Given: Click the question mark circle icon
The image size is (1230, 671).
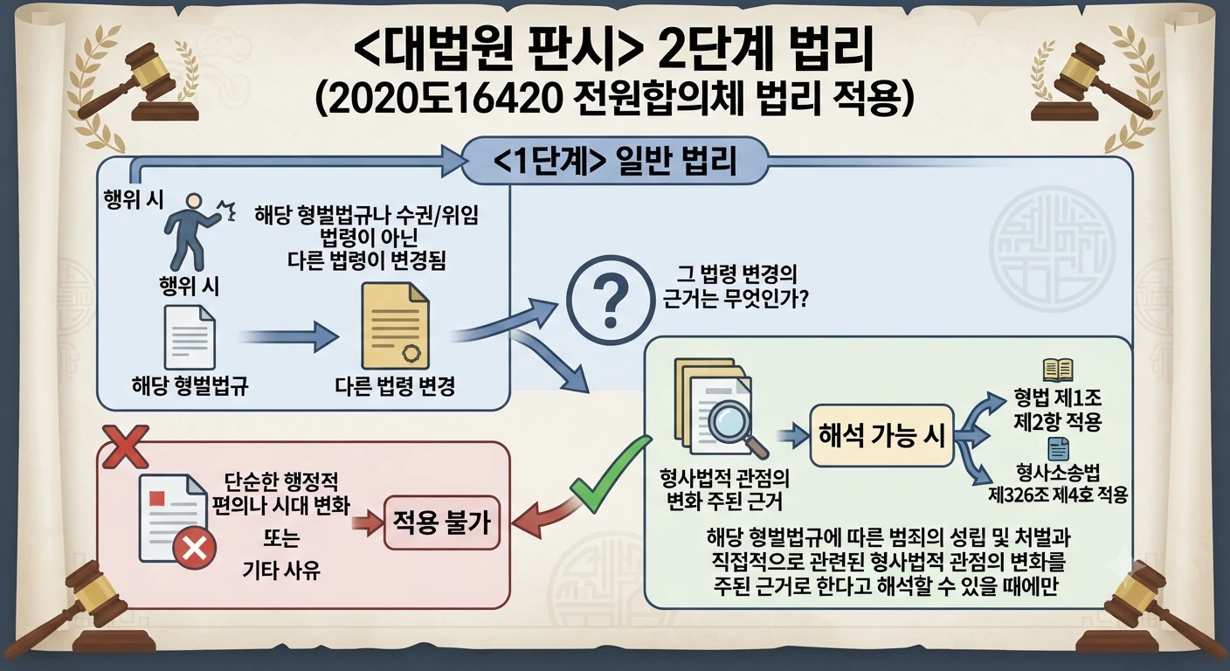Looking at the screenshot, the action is tap(610, 301).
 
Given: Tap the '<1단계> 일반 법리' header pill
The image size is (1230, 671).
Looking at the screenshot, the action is tap(614, 161).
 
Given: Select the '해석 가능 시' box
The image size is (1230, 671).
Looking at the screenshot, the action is tap(881, 436).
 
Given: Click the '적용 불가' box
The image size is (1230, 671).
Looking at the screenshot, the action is tap(441, 522).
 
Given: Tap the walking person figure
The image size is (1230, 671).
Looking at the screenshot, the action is tap(196, 232).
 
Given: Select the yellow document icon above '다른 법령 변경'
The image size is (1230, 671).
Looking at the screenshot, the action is tap(395, 326).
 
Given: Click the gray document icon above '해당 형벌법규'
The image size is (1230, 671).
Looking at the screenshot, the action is tap(190, 336).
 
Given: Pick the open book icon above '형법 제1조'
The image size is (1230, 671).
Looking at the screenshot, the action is tap(1058, 370).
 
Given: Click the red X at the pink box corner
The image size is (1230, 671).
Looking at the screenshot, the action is tap(126, 447).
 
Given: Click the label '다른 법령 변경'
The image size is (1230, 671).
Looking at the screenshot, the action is tap(395, 386).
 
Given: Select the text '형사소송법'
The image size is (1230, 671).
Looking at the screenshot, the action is tap(1058, 472).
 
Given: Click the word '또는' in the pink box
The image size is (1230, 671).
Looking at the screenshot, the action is tap(281, 538).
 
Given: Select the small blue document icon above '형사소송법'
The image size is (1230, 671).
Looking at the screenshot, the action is tap(1058, 449).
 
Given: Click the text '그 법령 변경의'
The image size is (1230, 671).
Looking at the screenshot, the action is tap(736, 274).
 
